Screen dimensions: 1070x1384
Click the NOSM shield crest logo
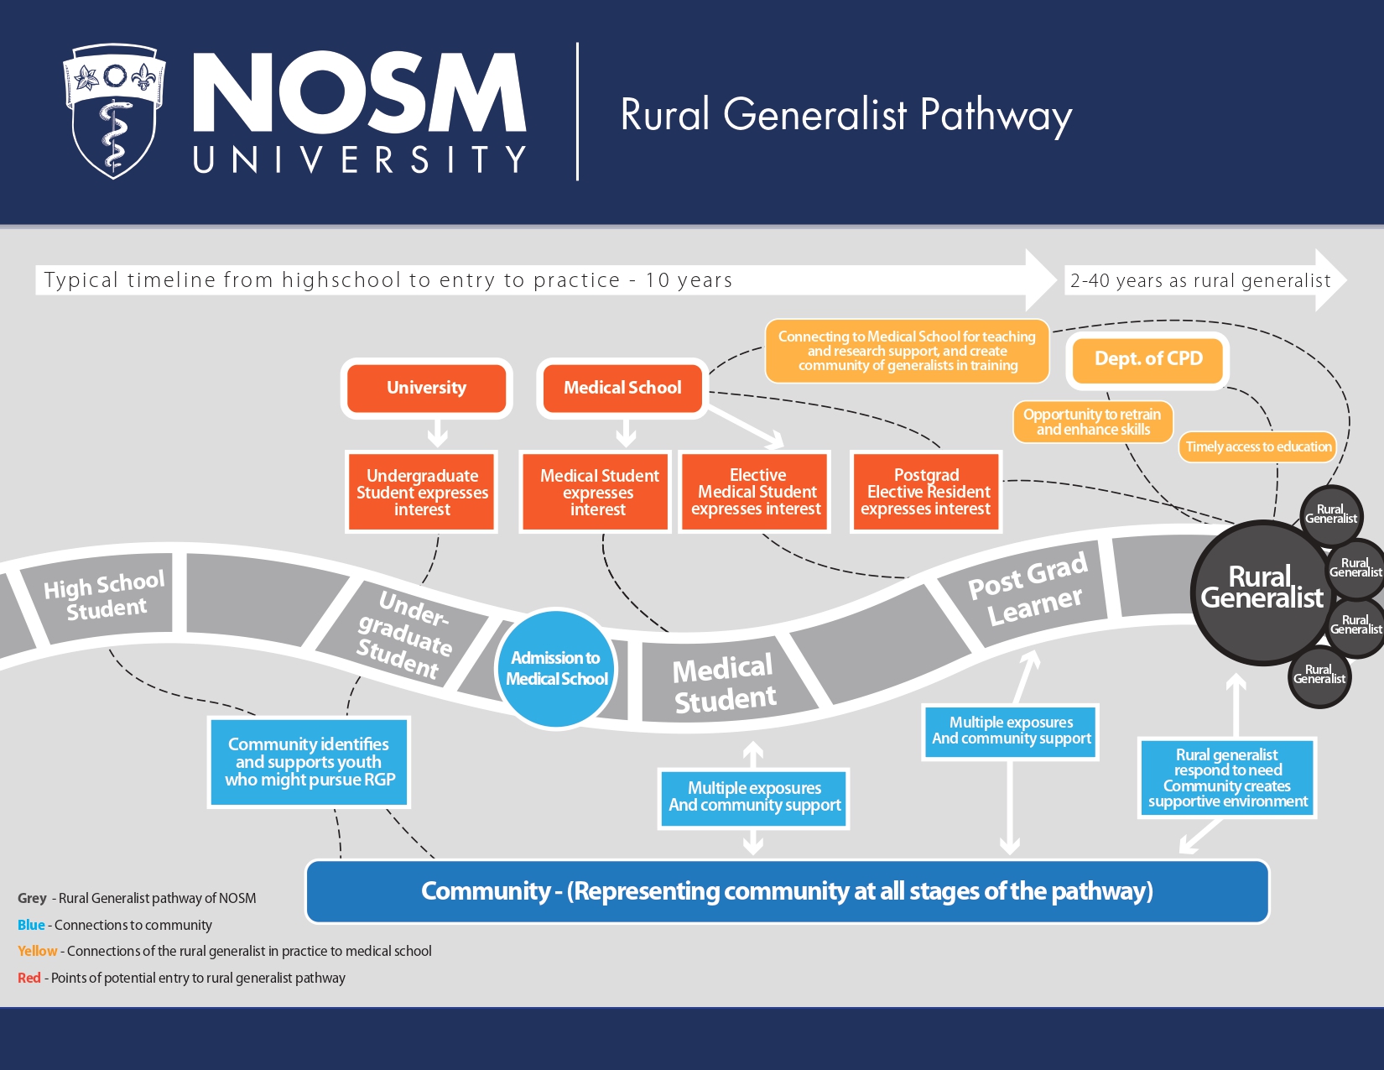[x=114, y=111]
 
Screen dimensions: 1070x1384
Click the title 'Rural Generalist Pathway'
[x=845, y=115]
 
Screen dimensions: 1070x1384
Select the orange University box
[x=426, y=388]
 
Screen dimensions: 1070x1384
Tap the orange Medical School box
[x=622, y=388]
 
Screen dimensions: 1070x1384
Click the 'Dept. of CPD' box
[x=1147, y=359]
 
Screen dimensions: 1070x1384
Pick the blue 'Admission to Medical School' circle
[x=557, y=668]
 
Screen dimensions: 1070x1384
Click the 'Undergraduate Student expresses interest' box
[x=422, y=492]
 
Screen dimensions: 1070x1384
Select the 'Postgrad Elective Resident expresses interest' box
[x=926, y=492]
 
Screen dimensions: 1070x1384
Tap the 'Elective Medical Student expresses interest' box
[x=757, y=492]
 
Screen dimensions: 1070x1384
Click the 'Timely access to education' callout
[x=1258, y=446]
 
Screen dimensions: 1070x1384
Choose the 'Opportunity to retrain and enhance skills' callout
[x=1092, y=421]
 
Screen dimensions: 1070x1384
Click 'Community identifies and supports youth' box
[x=309, y=762]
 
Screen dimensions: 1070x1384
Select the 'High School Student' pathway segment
[x=105, y=596]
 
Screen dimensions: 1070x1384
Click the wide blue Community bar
[x=787, y=891]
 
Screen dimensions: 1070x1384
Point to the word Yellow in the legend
[x=38, y=951]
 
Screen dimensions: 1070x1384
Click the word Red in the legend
[x=29, y=978]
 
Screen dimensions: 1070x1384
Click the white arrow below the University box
[x=437, y=434]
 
